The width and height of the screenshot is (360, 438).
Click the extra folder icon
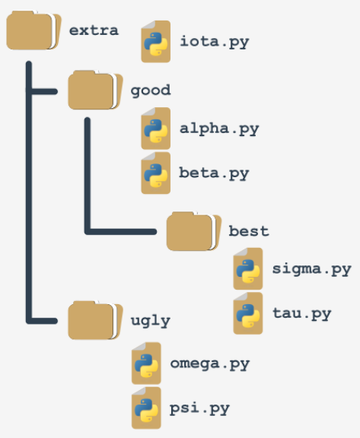33,30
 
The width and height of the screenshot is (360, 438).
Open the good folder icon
95,90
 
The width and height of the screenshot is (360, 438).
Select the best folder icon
193,231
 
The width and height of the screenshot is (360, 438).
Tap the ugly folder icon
95,320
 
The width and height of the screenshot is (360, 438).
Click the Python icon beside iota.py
156,41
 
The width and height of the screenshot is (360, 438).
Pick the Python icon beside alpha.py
156,129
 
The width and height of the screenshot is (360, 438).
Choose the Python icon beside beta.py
156,173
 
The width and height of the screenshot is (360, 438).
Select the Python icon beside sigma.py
248,268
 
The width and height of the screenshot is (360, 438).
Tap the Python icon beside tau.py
248,313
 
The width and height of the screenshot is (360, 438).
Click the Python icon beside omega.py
146,363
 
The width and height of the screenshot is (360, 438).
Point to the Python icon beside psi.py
146,408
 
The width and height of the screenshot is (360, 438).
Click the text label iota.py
214,42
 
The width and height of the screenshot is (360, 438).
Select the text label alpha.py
219,129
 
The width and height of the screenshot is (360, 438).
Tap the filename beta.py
214,173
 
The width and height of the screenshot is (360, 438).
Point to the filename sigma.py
311,269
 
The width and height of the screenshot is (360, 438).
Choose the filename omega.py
209,364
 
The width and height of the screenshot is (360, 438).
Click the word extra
94,30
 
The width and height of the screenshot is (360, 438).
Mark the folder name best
249,231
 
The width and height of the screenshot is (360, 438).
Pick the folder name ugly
151,321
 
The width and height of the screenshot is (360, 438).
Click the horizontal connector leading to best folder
121,232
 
